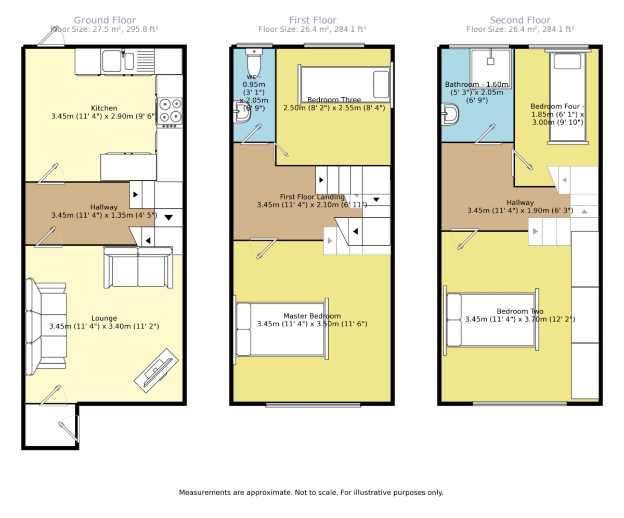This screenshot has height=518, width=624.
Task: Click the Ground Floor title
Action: click(105, 20)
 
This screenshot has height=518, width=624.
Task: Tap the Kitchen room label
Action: click(104, 108)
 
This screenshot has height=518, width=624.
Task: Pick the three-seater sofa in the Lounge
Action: click(47, 327)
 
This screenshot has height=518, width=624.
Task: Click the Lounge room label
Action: click(104, 318)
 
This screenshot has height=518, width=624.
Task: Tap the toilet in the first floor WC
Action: click(254, 63)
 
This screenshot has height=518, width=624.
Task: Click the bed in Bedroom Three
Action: click(345, 85)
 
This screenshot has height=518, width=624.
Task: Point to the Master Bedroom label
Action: click(312, 316)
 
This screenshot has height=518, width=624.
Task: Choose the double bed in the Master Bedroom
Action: click(281, 329)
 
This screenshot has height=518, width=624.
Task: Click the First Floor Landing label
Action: click(312, 197)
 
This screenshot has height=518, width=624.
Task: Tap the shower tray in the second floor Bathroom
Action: click(490, 68)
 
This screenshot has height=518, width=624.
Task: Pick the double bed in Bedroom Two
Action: click(491, 320)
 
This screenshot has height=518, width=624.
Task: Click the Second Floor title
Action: click(520, 20)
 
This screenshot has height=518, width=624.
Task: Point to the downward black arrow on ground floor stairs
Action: click(168, 218)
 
